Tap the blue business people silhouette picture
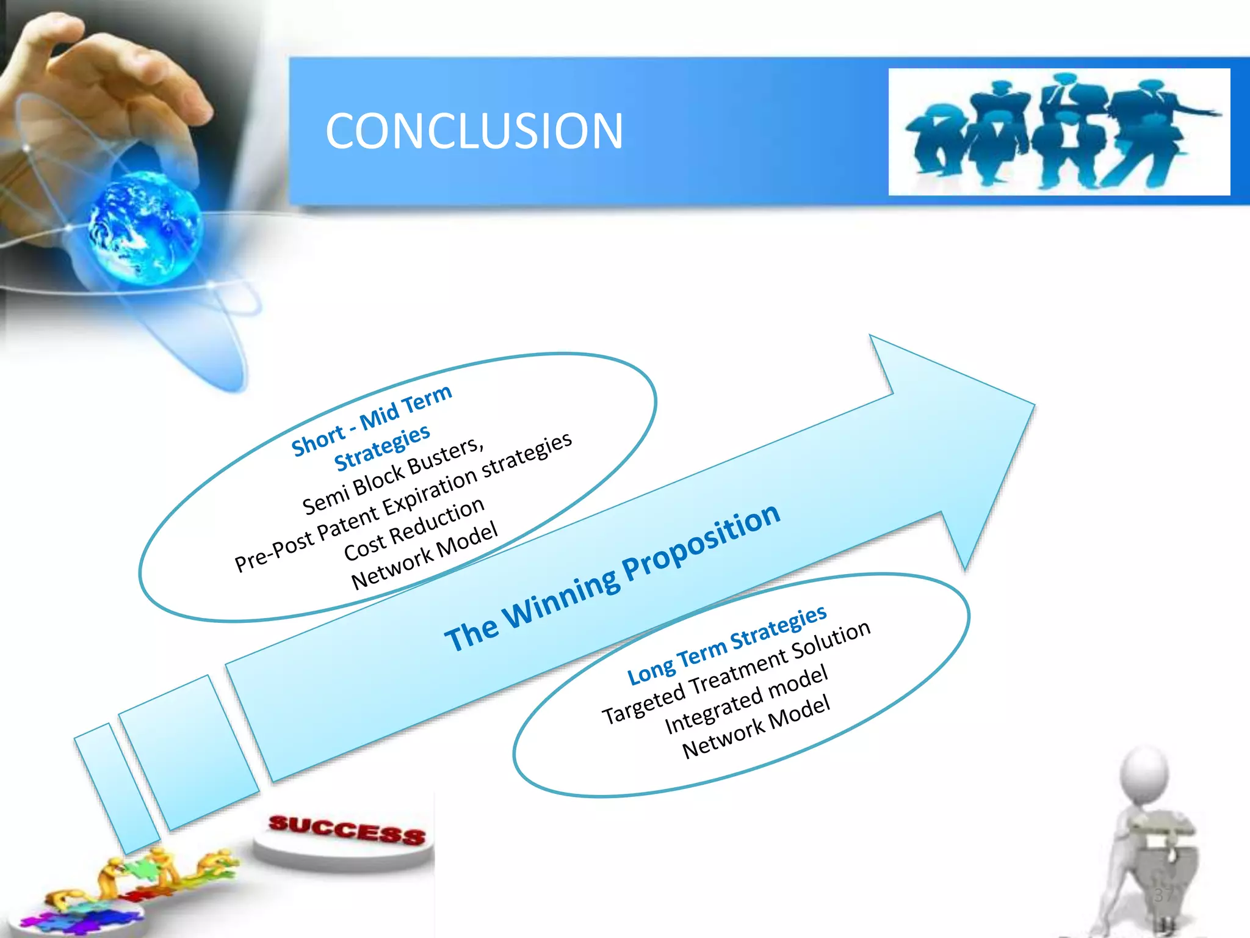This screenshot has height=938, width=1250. (x=1058, y=132)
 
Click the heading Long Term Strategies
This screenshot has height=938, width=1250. (x=726, y=644)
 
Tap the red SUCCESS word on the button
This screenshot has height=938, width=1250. (x=347, y=829)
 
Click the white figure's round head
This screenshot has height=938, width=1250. (x=1145, y=771)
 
